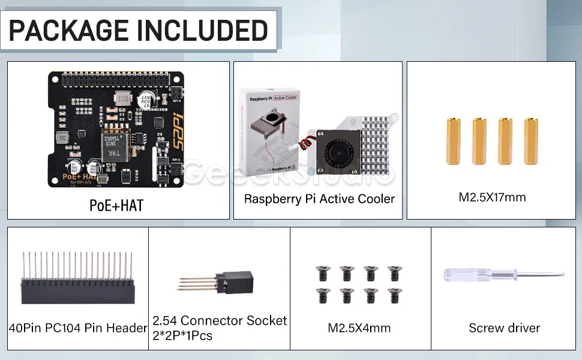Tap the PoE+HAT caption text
[116, 205]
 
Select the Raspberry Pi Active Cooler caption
[319, 199]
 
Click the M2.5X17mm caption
[492, 197]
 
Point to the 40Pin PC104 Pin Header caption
[78, 328]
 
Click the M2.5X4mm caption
[359, 328]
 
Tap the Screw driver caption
[504, 328]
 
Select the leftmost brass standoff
[453, 141]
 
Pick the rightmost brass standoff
[531, 141]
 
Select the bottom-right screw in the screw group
[394, 295]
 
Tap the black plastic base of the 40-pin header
[77, 293]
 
